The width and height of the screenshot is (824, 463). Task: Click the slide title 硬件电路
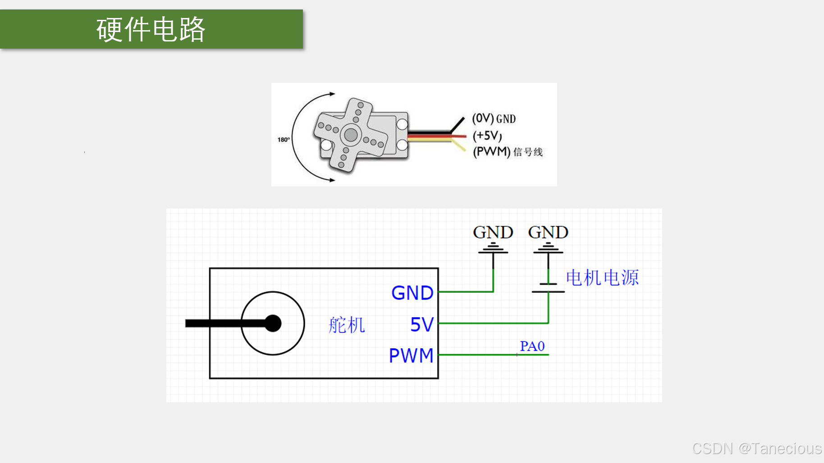(x=151, y=30)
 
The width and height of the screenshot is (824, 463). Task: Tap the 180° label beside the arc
(x=284, y=140)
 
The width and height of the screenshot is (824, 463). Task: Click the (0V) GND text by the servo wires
(x=494, y=118)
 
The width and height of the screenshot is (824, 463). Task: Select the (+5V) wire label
(x=487, y=136)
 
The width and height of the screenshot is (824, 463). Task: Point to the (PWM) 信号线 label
(x=508, y=152)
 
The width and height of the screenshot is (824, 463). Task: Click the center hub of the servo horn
(x=351, y=134)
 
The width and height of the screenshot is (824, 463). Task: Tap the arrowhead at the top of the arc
(x=332, y=94)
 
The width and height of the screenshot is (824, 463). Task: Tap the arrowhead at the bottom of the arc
(x=332, y=180)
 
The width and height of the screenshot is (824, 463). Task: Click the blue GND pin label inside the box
(x=412, y=293)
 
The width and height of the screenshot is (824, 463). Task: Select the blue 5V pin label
(x=421, y=324)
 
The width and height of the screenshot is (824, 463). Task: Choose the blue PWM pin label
(x=411, y=356)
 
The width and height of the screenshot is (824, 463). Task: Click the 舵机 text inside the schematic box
(x=347, y=325)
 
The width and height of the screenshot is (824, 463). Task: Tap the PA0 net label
(x=532, y=346)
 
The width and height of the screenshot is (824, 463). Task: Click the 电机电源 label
(x=602, y=277)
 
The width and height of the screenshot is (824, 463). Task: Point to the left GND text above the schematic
(x=493, y=232)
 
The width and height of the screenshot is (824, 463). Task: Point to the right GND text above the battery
(x=548, y=232)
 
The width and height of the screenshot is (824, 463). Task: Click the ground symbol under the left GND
(x=493, y=248)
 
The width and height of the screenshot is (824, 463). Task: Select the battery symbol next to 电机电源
(x=548, y=287)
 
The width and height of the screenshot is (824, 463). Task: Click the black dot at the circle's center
(x=273, y=323)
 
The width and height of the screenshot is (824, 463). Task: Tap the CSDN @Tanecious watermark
(x=757, y=449)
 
